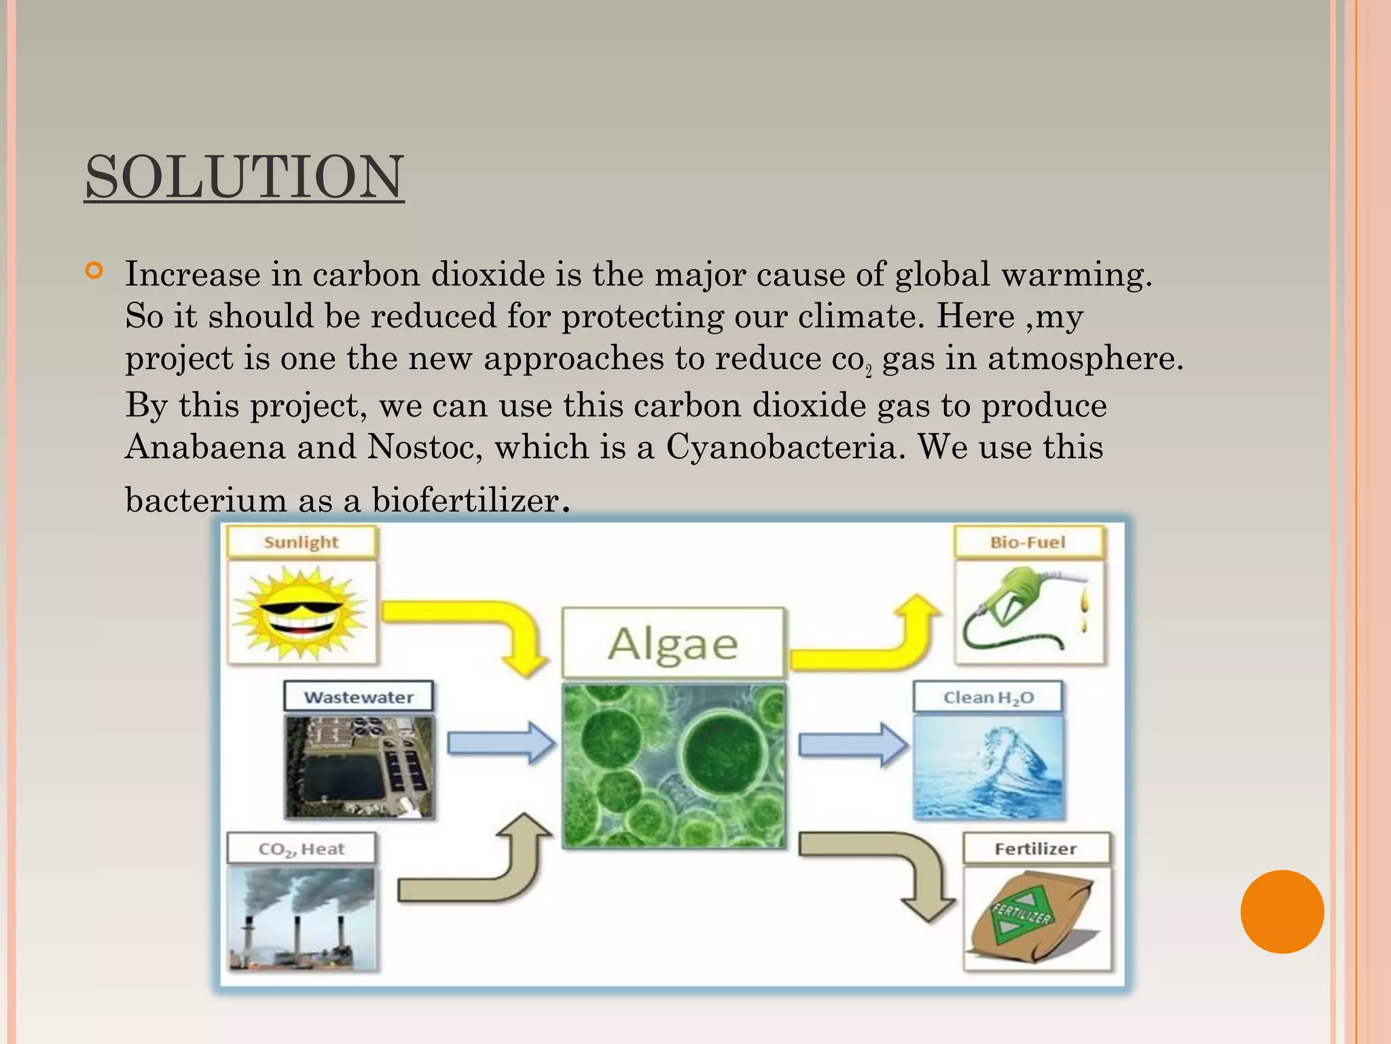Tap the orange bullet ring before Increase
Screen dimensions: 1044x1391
[94, 271]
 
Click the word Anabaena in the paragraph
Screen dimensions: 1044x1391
[205, 447]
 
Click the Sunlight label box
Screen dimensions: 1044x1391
[301, 542]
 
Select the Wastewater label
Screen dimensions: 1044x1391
[359, 697]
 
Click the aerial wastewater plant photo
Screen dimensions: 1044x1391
[359, 767]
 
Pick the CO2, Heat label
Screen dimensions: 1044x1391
[301, 849]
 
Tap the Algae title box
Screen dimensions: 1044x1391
[673, 643]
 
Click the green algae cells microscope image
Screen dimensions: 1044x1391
[673, 766]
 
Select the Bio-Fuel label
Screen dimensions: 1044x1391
[1028, 542]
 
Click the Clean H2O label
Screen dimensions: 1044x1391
[988, 697]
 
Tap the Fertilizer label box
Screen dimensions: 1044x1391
[1036, 849]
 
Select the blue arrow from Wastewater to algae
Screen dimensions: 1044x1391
[501, 744]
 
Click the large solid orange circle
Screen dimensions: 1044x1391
[1282, 911]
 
